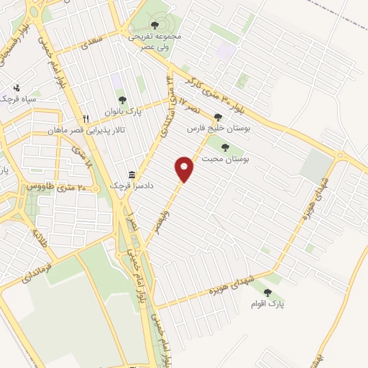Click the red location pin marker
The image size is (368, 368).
[x=185, y=168]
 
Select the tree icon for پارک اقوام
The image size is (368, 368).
[x=268, y=293]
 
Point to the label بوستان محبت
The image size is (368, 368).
[x=226, y=159]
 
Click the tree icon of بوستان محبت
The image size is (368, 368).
[x=226, y=147]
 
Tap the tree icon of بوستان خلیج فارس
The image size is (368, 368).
[x=218, y=116]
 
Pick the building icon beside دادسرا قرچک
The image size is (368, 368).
[x=131, y=175]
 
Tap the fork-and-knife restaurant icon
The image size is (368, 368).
[x=86, y=119]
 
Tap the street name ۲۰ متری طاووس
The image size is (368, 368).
[x=56, y=186]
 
